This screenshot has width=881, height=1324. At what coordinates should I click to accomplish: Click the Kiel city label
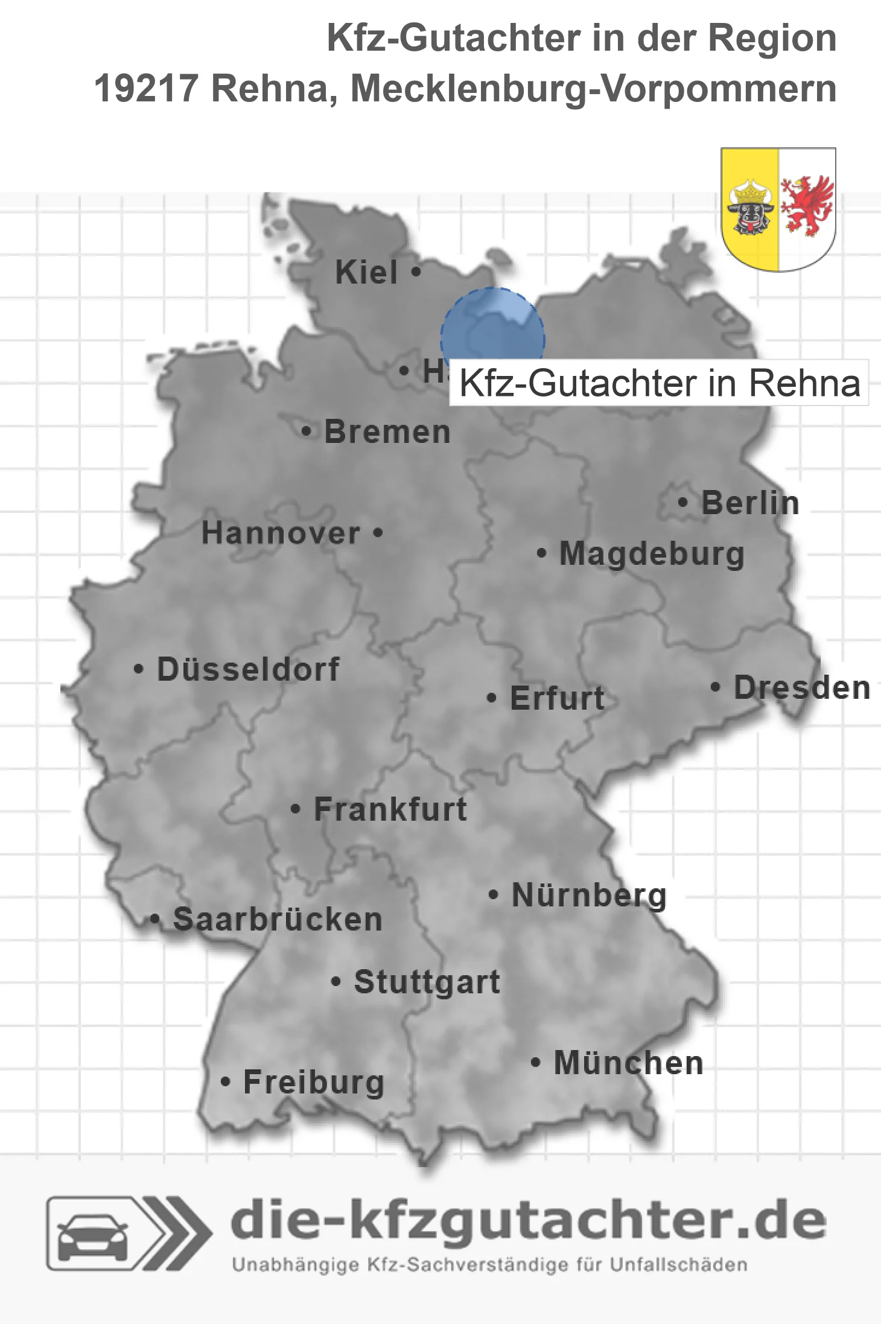[x=366, y=272]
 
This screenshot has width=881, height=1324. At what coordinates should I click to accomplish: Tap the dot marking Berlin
[x=682, y=502]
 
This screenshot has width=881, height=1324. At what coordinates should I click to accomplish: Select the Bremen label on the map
[x=387, y=432]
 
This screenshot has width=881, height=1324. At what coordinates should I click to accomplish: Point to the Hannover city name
[x=281, y=533]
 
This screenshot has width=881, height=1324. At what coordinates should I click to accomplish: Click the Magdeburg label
[x=652, y=554]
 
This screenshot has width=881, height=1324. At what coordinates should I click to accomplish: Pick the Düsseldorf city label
[x=248, y=669]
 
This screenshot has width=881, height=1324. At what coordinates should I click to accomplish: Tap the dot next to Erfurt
[x=491, y=698]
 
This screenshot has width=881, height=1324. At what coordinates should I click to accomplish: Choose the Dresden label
[x=802, y=688]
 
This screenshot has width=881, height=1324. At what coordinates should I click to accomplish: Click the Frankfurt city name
[x=390, y=809]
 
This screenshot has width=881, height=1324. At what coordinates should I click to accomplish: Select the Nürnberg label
[x=589, y=895]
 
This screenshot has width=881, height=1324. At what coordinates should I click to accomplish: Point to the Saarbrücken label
[x=278, y=920]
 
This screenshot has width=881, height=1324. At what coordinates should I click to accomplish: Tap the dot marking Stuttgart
[x=336, y=982]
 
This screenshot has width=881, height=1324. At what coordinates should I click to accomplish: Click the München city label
[x=629, y=1063]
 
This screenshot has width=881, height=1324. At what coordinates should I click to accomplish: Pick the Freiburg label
[x=314, y=1083]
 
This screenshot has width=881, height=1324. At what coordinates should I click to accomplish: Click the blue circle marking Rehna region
[x=492, y=332]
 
